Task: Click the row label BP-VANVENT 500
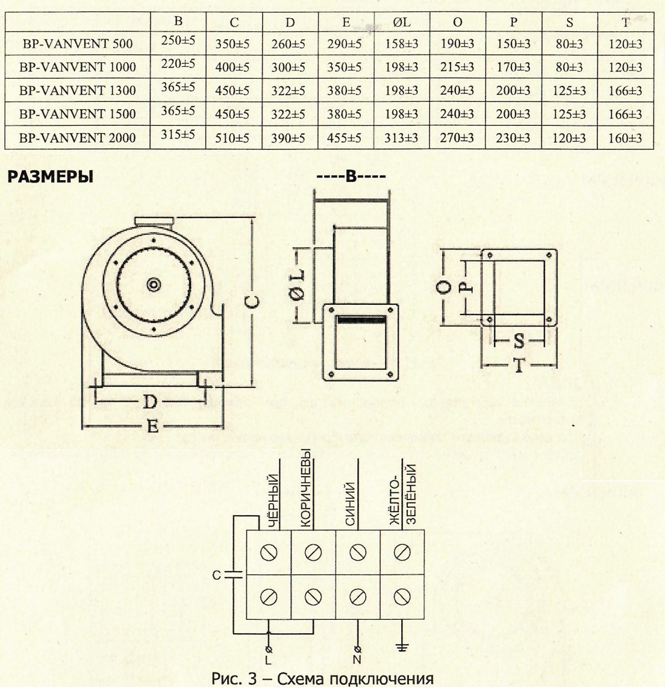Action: [78, 43]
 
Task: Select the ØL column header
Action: [401, 22]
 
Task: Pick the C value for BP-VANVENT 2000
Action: [232, 138]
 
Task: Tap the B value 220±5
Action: [178, 64]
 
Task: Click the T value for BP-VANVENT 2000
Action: [625, 138]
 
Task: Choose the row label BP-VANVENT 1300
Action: [78, 90]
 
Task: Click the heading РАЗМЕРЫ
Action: [49, 177]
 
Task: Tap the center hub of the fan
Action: [152, 284]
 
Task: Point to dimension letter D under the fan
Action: [150, 401]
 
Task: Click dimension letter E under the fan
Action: [153, 426]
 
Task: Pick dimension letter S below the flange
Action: [519, 341]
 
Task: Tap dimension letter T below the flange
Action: [519, 366]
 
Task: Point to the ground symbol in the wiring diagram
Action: [402, 648]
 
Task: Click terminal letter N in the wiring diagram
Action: [357, 660]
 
